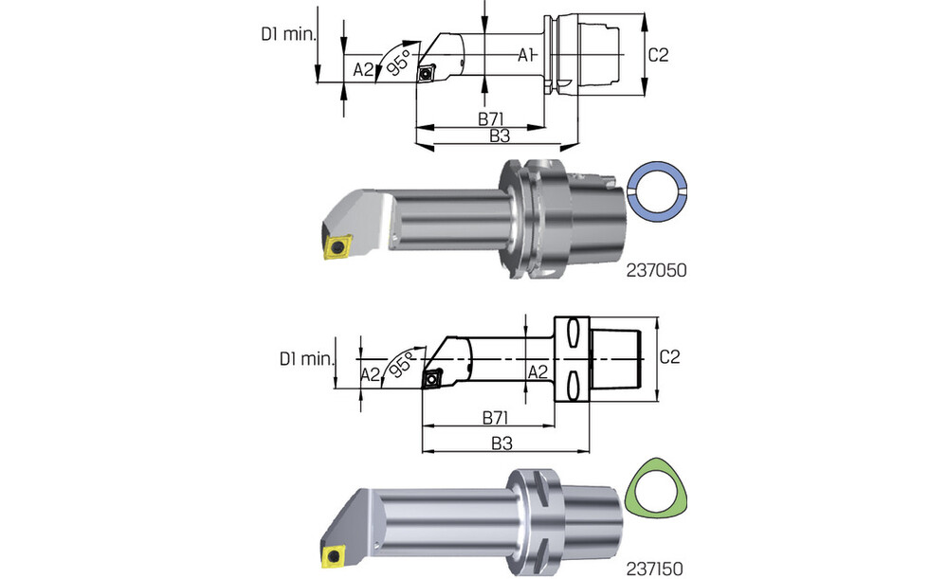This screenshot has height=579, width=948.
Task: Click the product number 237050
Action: click(656, 270)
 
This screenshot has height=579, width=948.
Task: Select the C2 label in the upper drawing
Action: click(659, 55)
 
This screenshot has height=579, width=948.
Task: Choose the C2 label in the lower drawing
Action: click(669, 357)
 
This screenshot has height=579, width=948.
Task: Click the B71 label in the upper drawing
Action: click(489, 118)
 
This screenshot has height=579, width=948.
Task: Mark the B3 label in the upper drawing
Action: click(500, 136)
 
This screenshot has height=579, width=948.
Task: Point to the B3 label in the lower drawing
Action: click(502, 443)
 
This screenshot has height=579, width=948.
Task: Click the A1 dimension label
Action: click(528, 56)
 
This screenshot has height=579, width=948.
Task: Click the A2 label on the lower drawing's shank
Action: click(538, 371)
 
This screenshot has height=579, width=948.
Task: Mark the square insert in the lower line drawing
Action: click(437, 378)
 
